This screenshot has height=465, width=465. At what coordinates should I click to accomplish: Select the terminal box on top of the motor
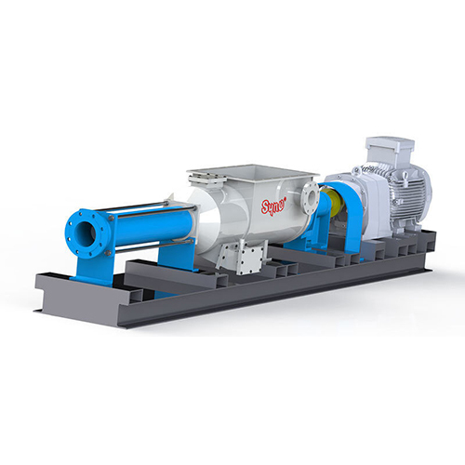point(390,148)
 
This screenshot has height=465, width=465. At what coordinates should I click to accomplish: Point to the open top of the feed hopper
point(254,171)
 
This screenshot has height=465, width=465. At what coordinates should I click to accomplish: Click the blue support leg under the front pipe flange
point(93,269)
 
